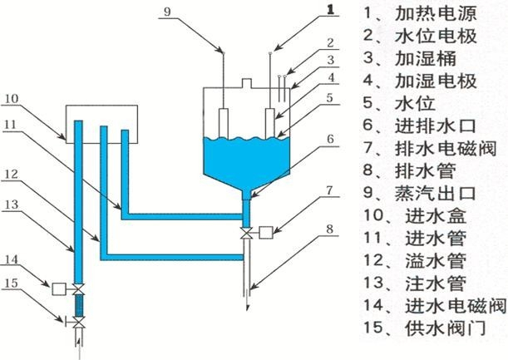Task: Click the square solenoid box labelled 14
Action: [x=58, y=289]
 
